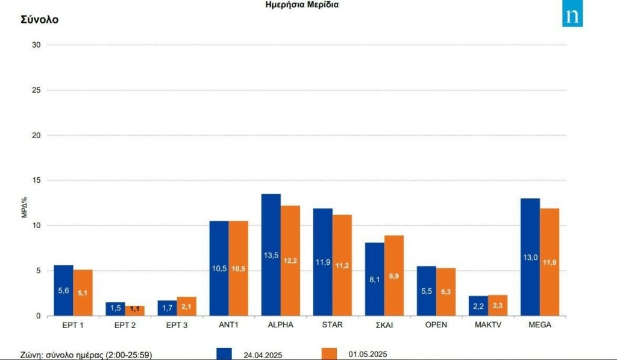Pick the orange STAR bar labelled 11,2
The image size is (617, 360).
click(x=342, y=265)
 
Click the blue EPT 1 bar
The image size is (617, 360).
click(x=63, y=290)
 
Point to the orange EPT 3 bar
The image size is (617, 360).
click(x=186, y=306)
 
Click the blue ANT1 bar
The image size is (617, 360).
click(x=219, y=268)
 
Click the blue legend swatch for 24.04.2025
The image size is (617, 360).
click(x=224, y=354)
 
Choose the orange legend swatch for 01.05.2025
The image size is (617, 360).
click(x=328, y=354)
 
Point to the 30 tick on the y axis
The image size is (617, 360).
click(x=37, y=45)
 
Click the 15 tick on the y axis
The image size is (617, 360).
click(x=37, y=180)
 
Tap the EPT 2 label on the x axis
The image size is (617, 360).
click(x=125, y=325)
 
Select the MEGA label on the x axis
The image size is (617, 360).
click(x=540, y=325)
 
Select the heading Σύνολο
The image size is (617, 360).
click(x=39, y=19)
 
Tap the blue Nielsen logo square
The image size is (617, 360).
click(x=572, y=16)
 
